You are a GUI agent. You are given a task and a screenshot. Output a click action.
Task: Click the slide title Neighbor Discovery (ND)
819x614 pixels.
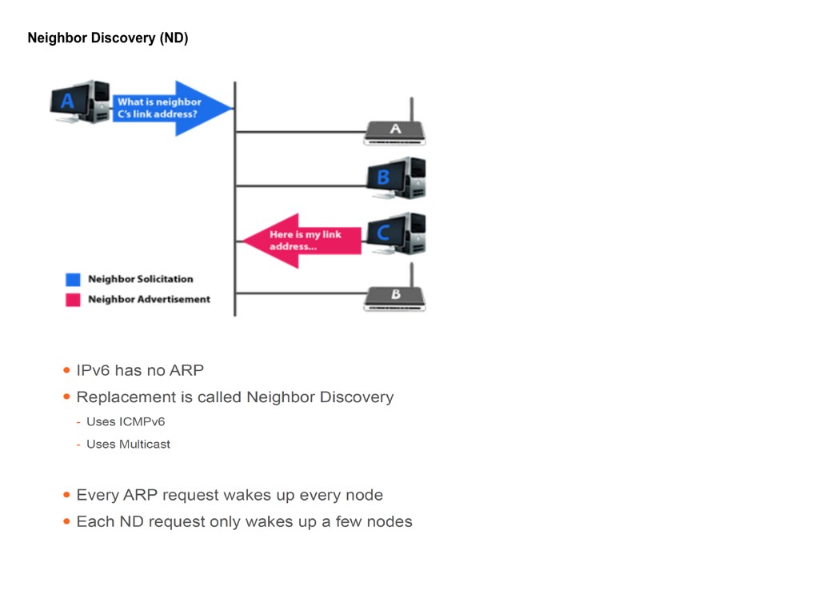(x=108, y=38)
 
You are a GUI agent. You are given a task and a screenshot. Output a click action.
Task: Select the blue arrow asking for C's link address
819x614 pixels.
(x=171, y=108)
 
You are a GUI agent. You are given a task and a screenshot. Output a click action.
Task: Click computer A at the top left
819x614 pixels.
(x=79, y=102)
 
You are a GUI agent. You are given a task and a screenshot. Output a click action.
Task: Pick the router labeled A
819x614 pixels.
(x=395, y=131)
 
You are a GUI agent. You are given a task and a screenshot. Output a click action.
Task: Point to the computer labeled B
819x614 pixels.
(x=396, y=177)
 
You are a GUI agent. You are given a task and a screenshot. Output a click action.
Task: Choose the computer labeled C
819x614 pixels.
(x=396, y=233)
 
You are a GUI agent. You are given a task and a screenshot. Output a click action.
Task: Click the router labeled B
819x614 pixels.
(x=395, y=297)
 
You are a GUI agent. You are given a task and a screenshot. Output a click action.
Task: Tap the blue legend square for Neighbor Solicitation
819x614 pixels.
(x=73, y=280)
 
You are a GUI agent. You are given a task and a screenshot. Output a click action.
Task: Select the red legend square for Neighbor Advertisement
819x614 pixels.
(x=73, y=300)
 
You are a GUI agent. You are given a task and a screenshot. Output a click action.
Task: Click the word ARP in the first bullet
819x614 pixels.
(x=186, y=371)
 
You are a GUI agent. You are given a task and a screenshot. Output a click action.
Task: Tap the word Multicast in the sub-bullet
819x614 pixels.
(x=145, y=445)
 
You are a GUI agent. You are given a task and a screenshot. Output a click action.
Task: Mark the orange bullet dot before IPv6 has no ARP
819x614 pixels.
(x=66, y=371)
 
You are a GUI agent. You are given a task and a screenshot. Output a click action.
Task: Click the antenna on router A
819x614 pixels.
(x=411, y=109)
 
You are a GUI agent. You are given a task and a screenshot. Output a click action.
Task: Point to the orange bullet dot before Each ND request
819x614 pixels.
(x=66, y=522)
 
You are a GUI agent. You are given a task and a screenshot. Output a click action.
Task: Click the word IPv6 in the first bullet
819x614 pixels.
(x=93, y=371)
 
